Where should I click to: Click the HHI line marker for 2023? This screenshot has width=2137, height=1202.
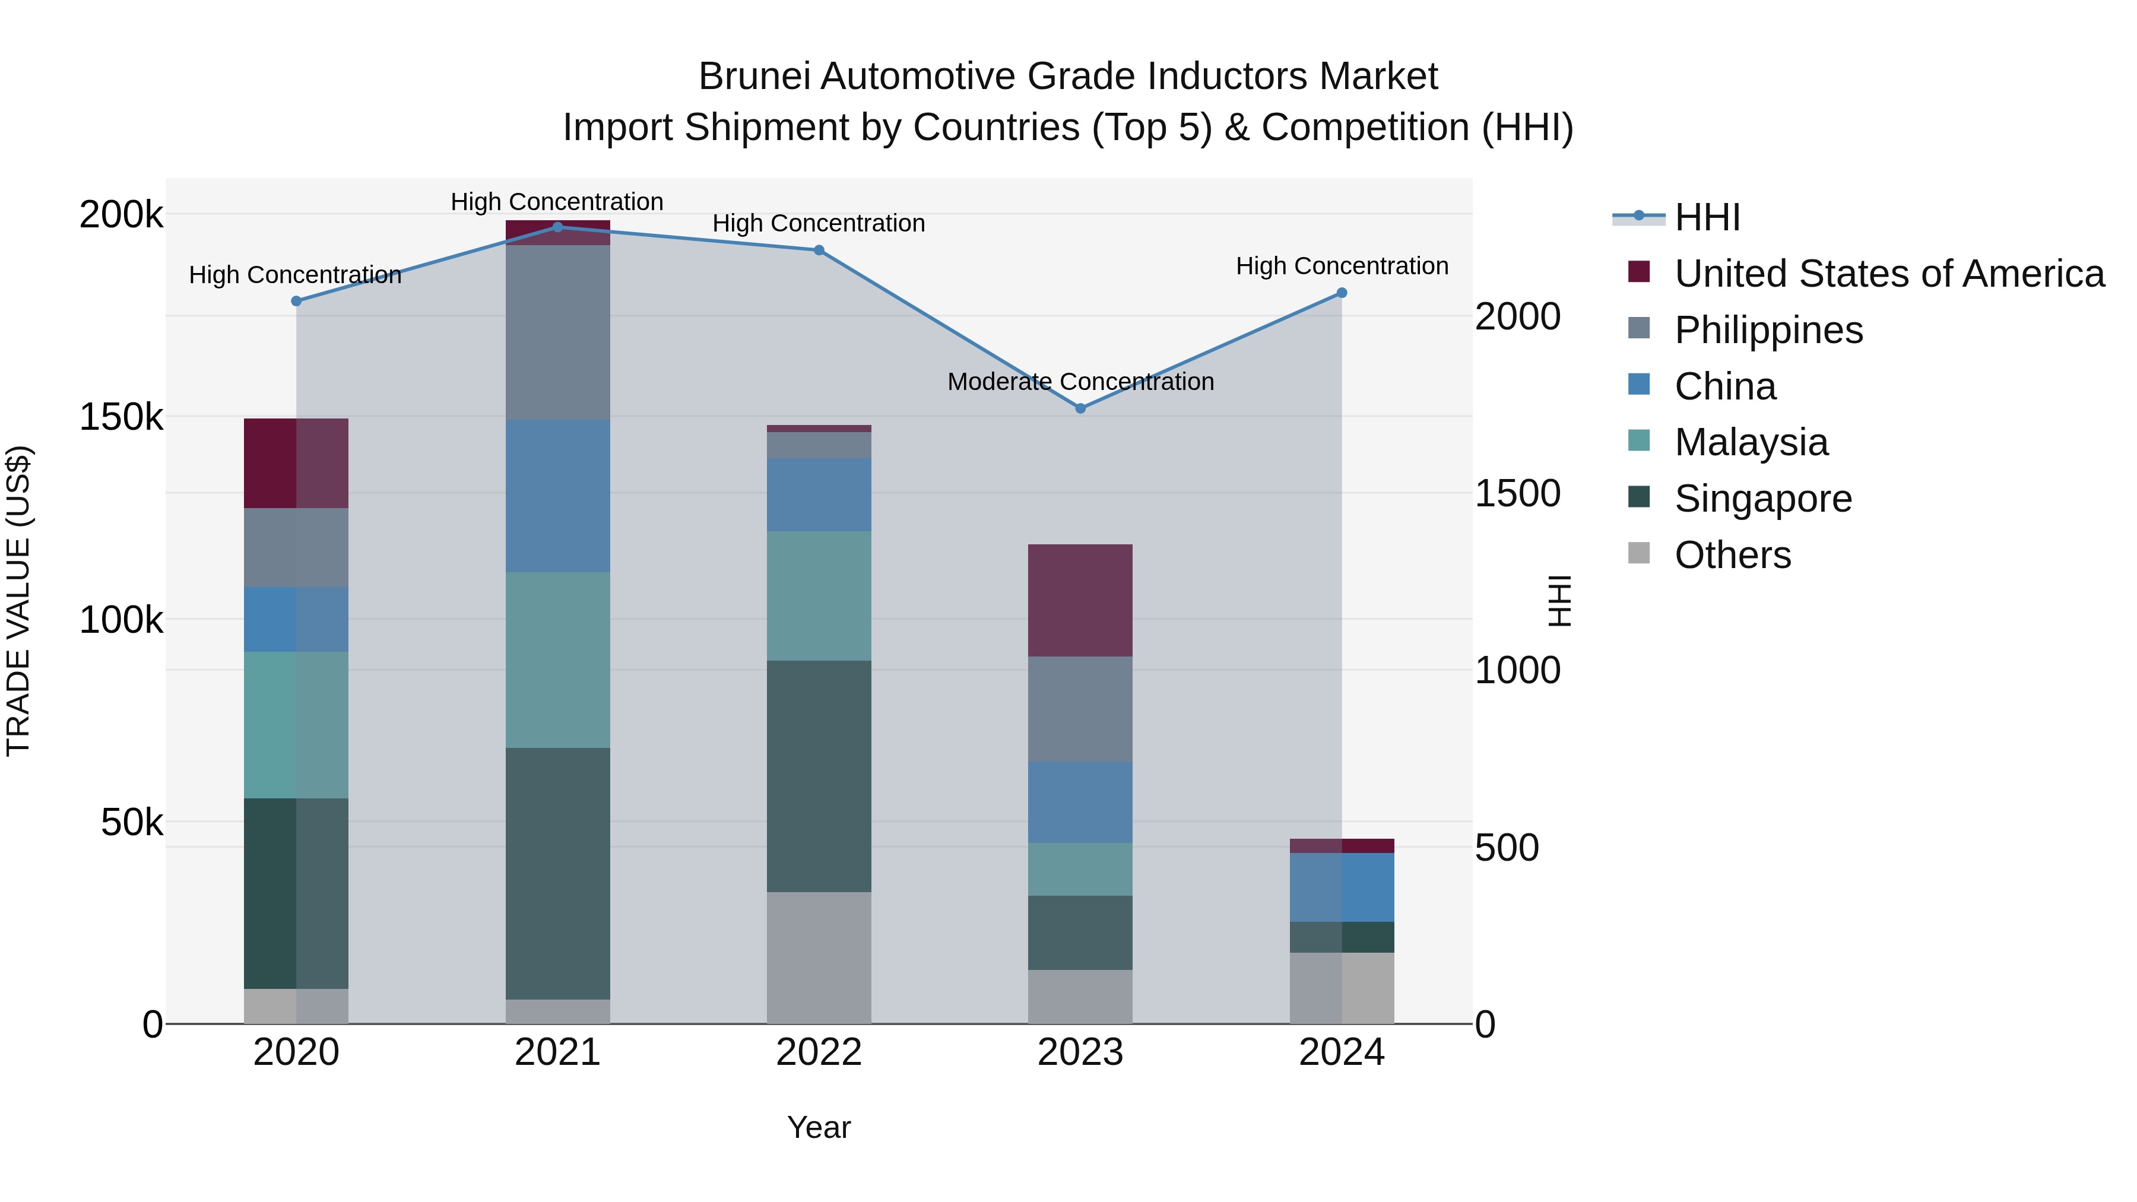[1080, 408]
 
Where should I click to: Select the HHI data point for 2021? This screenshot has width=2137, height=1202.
[557, 227]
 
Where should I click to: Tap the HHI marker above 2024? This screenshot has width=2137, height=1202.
[1342, 293]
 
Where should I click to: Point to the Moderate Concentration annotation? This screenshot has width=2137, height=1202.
[1080, 382]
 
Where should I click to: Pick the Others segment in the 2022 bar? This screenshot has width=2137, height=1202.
[819, 957]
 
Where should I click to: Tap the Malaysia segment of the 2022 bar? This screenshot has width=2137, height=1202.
[819, 595]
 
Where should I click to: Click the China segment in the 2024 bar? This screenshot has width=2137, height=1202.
[1342, 887]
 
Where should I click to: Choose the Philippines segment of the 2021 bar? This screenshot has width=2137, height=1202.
[557, 332]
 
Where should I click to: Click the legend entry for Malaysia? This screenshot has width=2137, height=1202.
[1751, 442]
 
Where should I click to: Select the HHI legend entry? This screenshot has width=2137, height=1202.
[1707, 217]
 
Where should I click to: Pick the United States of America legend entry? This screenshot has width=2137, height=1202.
[1888, 274]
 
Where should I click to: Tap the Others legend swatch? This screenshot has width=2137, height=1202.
[1638, 553]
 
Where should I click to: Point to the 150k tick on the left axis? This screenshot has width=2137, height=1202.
[121, 417]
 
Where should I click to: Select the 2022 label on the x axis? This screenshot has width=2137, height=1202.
[819, 1052]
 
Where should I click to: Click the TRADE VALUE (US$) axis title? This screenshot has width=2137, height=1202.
[18, 601]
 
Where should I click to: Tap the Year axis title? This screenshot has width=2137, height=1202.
[819, 1127]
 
